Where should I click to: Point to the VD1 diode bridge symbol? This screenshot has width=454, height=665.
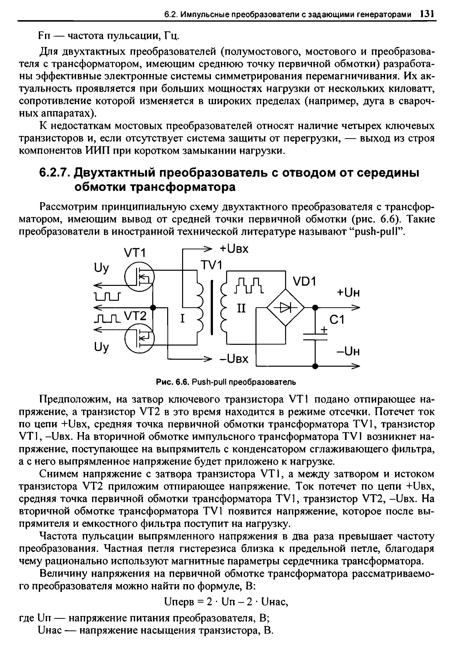click(x=285, y=308)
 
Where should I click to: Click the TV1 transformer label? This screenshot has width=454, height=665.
click(x=211, y=265)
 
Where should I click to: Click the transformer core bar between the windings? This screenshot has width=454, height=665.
click(x=212, y=307)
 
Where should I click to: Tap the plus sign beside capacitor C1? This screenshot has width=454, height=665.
click(x=323, y=330)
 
